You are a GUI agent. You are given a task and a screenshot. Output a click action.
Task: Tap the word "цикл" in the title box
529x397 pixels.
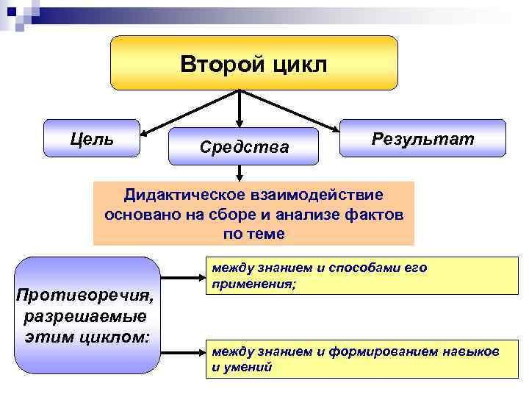[x=298, y=63]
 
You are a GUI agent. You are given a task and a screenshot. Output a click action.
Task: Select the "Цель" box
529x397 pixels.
[x=92, y=137]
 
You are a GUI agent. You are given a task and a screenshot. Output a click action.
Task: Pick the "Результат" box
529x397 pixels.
[x=422, y=137]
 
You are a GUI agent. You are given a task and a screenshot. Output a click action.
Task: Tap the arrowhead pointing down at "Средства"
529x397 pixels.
[x=240, y=122]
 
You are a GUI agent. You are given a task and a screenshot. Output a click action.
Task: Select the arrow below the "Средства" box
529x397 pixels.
[x=240, y=174]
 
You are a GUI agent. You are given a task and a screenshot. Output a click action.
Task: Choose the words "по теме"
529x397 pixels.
[x=253, y=235]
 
